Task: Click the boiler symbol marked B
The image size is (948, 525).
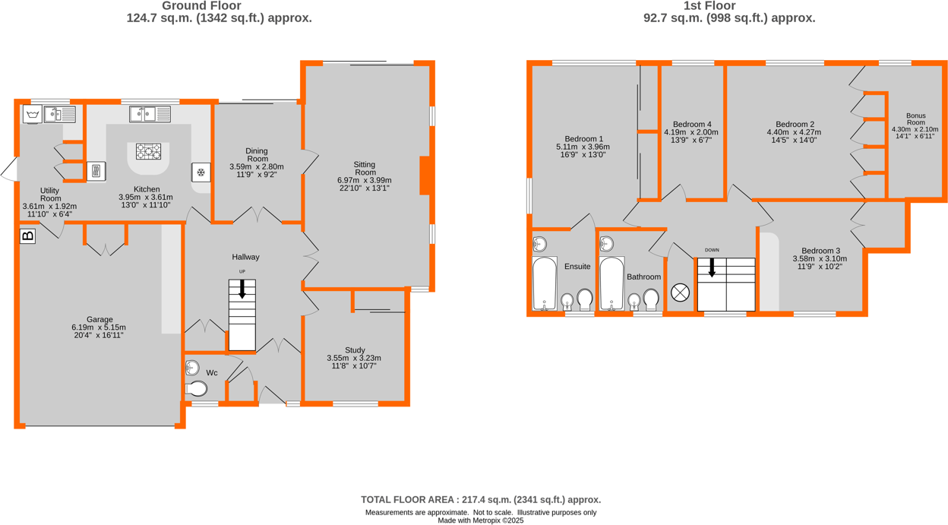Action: point(27,236)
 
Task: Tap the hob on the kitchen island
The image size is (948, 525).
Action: point(148,151)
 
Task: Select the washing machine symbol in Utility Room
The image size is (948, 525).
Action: point(32,115)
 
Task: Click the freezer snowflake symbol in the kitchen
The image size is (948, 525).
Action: point(201,172)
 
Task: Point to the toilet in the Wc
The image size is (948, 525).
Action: point(196,389)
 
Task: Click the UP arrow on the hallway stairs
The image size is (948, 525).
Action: point(242,289)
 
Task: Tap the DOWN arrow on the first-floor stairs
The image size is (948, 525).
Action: point(712,267)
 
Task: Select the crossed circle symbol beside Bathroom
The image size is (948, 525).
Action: point(680,292)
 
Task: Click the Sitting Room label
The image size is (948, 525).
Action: point(365,169)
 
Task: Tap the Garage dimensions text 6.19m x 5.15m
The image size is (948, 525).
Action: point(100,327)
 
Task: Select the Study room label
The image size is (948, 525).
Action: point(355,350)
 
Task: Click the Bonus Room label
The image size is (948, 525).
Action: point(915,119)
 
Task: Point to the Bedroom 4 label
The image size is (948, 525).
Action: point(691,124)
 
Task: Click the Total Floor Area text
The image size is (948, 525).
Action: point(481,499)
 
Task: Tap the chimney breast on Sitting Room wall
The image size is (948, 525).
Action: point(425,176)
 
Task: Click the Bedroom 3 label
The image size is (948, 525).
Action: point(820,251)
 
